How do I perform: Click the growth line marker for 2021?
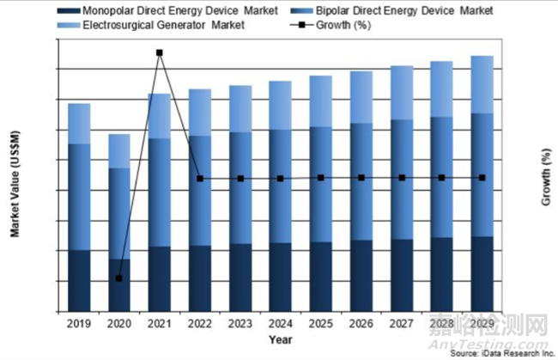click(160, 52)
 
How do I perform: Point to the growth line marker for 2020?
click(119, 278)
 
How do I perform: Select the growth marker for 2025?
click(321, 178)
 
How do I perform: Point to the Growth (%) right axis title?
click(546, 187)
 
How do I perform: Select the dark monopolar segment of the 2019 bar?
click(80, 280)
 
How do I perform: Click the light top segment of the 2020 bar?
click(119, 151)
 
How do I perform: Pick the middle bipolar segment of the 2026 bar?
click(361, 181)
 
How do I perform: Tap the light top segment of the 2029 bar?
click(482, 84)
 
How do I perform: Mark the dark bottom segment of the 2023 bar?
click(240, 277)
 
